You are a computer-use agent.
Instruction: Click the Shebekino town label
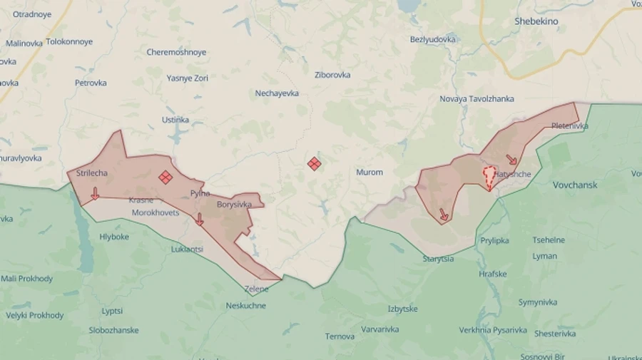[x=536, y=22]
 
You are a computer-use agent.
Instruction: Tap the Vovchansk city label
[x=575, y=185]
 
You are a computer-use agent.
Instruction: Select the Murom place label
[x=370, y=173]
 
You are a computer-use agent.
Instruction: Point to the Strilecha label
[x=92, y=173]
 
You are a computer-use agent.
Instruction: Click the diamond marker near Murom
[x=314, y=164]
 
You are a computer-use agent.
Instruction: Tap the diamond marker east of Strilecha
[x=165, y=177]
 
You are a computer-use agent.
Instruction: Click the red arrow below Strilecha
[x=95, y=193]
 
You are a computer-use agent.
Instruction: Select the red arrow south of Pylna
[x=199, y=220]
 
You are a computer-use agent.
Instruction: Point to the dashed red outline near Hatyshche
[x=489, y=177]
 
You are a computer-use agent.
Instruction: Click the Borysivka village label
[x=235, y=205]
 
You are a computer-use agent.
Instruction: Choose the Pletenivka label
[x=570, y=126]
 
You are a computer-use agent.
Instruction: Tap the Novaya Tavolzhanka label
[x=477, y=99]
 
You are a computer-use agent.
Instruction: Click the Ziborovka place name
[x=332, y=75]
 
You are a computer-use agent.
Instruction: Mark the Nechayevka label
[x=277, y=93]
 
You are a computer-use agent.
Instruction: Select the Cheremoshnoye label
[x=176, y=52]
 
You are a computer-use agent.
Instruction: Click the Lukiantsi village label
[x=187, y=250]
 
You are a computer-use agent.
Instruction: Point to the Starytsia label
[x=438, y=259]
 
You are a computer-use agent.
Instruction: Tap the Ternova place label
[x=340, y=336]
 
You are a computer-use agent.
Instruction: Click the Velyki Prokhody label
[x=35, y=315]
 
